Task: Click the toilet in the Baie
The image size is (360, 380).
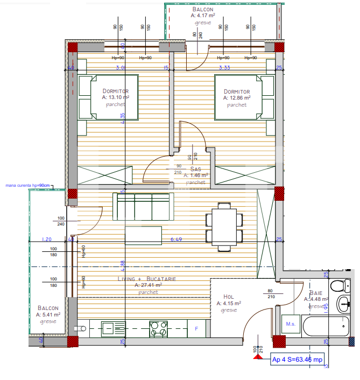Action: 338,286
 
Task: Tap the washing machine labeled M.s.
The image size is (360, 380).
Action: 291,324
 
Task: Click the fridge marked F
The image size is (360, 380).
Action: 196,328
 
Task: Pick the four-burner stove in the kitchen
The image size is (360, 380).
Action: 159,328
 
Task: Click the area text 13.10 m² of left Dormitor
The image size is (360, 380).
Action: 116,98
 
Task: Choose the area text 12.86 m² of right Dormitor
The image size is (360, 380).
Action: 237,98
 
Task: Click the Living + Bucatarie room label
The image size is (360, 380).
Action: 140,279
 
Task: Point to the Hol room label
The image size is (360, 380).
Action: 229,297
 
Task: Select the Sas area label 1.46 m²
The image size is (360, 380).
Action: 194,175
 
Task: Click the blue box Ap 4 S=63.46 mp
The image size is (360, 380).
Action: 298,360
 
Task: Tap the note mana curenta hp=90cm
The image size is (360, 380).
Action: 27,186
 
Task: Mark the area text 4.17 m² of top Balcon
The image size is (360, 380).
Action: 203,16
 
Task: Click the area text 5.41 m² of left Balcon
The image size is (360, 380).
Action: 48,314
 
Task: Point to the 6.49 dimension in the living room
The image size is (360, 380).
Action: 176,239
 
